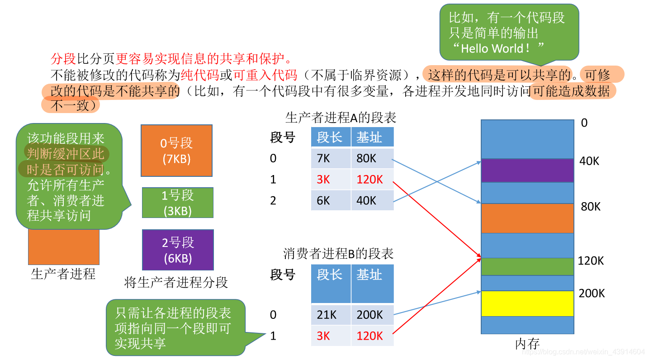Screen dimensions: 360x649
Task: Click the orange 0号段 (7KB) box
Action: click(176, 151)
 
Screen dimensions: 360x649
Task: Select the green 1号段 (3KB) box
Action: click(177, 203)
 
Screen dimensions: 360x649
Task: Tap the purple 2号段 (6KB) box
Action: click(177, 250)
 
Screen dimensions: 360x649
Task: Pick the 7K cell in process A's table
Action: click(331, 159)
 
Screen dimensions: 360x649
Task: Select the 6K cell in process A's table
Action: click(331, 200)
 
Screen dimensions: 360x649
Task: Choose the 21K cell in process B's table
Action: click(331, 315)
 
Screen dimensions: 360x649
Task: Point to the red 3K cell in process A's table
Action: click(331, 180)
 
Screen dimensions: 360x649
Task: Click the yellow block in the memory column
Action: click(527, 303)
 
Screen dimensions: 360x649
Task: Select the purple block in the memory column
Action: click(527, 171)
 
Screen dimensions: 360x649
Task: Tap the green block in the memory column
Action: click(527, 266)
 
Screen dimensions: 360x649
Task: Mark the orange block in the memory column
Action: click(527, 218)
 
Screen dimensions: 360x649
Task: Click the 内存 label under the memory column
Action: click(527, 344)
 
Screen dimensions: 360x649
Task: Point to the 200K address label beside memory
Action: click(592, 294)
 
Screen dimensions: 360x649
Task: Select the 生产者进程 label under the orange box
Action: click(63, 274)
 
